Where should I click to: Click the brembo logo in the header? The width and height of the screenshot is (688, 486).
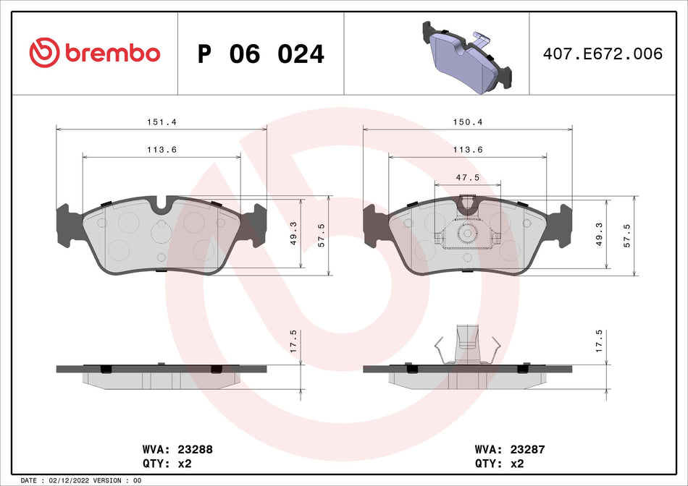94,52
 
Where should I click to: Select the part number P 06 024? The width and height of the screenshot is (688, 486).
261,54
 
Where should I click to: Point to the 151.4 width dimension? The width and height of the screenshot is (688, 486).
161,122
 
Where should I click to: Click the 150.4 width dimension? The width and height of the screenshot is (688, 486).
468,122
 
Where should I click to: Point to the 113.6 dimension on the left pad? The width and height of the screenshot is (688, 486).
162,149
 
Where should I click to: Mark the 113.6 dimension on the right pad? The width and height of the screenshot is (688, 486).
468,149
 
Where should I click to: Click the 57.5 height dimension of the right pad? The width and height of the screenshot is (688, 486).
626,236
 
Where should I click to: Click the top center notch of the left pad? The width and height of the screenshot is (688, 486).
161,206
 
